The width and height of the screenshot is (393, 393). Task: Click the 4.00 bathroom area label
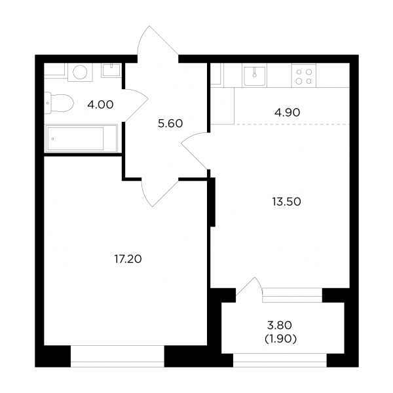(x=100, y=105)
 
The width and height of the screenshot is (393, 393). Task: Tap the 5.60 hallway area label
(x=170, y=124)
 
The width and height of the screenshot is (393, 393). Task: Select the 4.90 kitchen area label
(x=288, y=113)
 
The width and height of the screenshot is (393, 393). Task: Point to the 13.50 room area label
(x=287, y=202)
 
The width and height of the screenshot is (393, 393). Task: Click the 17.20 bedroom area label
(x=128, y=259)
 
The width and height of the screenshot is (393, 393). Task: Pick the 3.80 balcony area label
(x=280, y=326)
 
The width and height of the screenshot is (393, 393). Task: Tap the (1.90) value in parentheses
(x=281, y=339)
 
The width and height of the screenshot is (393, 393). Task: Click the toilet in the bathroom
(x=59, y=103)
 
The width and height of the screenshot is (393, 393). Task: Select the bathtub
(x=81, y=138)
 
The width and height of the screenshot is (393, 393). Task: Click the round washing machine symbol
(x=80, y=72)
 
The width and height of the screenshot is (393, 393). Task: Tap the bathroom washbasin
(x=111, y=70)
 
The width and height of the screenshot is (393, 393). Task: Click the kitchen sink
(x=254, y=75)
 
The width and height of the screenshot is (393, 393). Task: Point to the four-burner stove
(x=304, y=75)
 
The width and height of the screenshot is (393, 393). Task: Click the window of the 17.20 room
(x=117, y=356)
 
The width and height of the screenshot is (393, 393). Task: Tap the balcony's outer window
(x=280, y=360)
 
